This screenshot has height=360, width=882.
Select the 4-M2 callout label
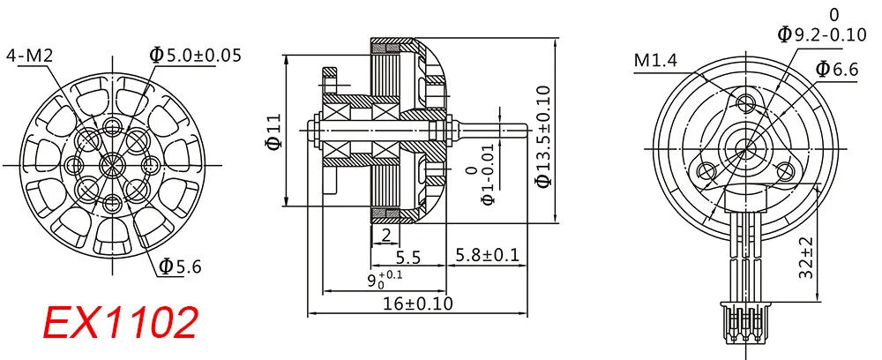30,56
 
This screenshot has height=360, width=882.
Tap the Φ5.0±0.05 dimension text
195,56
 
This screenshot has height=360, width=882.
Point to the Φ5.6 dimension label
181,266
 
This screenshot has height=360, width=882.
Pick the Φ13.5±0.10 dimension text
542,136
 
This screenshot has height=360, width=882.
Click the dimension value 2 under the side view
385,235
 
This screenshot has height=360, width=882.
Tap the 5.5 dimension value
407,258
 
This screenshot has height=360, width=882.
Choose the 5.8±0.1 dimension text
486,256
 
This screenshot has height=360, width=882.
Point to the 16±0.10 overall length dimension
418,303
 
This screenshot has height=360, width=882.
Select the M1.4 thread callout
656,60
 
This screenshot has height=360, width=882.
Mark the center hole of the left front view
111,163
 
